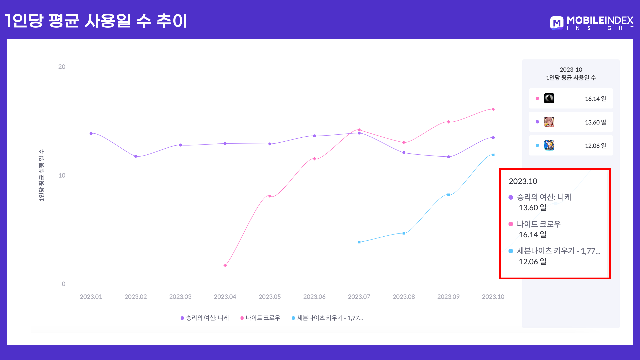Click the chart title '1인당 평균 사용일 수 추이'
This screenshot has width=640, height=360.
click(x=96, y=21)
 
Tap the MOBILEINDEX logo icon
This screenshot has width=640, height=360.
click(x=557, y=23)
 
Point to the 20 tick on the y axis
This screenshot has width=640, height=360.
click(x=62, y=67)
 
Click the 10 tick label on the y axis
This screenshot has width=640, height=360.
click(x=62, y=176)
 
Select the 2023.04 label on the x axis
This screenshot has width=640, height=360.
click(x=225, y=297)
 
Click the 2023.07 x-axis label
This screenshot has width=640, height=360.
click(x=359, y=297)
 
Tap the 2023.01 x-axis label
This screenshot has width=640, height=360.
click(x=91, y=297)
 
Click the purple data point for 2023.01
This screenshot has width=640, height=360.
click(x=91, y=133)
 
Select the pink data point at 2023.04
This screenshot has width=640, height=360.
click(x=225, y=265)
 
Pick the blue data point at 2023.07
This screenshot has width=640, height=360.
click(x=359, y=242)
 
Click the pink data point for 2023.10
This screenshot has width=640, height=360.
click(x=493, y=109)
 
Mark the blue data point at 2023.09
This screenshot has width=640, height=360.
click(x=449, y=195)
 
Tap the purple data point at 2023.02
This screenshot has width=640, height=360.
click(x=136, y=156)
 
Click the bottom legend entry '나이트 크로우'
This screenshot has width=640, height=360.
click(x=260, y=318)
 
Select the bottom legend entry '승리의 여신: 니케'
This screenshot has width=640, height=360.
click(x=205, y=318)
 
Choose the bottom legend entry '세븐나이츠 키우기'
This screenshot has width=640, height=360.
click(x=327, y=318)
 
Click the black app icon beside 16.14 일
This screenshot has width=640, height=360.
click(x=549, y=98)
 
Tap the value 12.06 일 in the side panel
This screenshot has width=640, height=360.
click(x=595, y=146)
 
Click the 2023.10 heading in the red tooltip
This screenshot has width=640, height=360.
click(x=523, y=181)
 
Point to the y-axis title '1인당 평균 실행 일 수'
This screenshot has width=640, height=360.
click(x=41, y=175)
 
